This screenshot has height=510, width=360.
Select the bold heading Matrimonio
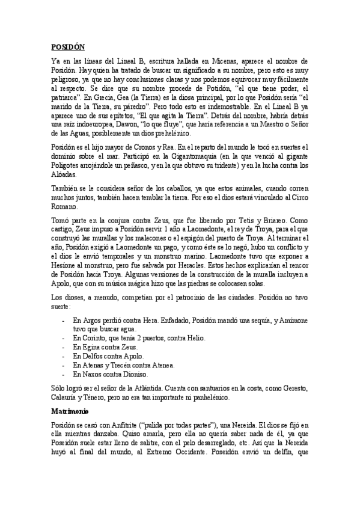[x=69, y=412]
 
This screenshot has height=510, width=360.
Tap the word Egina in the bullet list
[x=91, y=347]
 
